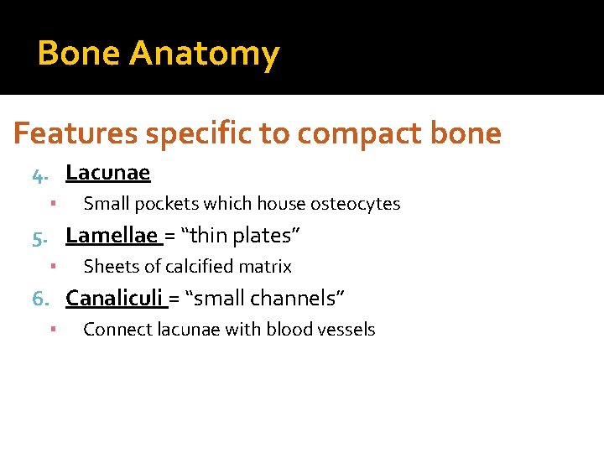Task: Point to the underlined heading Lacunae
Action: coord(107,174)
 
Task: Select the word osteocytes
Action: coord(355,204)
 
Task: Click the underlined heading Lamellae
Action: coord(112,237)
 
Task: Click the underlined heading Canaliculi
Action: coord(115,299)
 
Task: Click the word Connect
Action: coord(117,330)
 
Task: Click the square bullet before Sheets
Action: coord(52,267)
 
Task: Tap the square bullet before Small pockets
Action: coord(52,204)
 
